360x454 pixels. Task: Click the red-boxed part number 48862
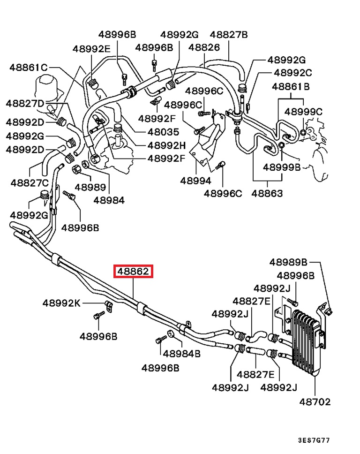pyautogui.click(x=133, y=271)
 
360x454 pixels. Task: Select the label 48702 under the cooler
pyautogui.click(x=315, y=401)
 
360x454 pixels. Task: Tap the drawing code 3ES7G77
pyautogui.click(x=314, y=441)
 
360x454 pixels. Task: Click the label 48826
pyautogui.click(x=204, y=47)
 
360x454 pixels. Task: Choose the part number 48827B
pyautogui.click(x=228, y=35)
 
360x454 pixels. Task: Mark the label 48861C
pyautogui.click(x=29, y=68)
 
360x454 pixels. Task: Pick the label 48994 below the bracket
pyautogui.click(x=195, y=181)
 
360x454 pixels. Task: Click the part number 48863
pyautogui.click(x=267, y=193)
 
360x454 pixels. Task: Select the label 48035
pyautogui.click(x=163, y=132)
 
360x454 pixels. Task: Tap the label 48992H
pyautogui.click(x=166, y=145)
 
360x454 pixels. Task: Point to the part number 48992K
pyautogui.click(x=62, y=303)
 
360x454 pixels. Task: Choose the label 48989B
pyautogui.click(x=288, y=262)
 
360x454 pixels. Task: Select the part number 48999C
pyautogui.click(x=303, y=112)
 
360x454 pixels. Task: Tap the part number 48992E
pyautogui.click(x=91, y=49)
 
